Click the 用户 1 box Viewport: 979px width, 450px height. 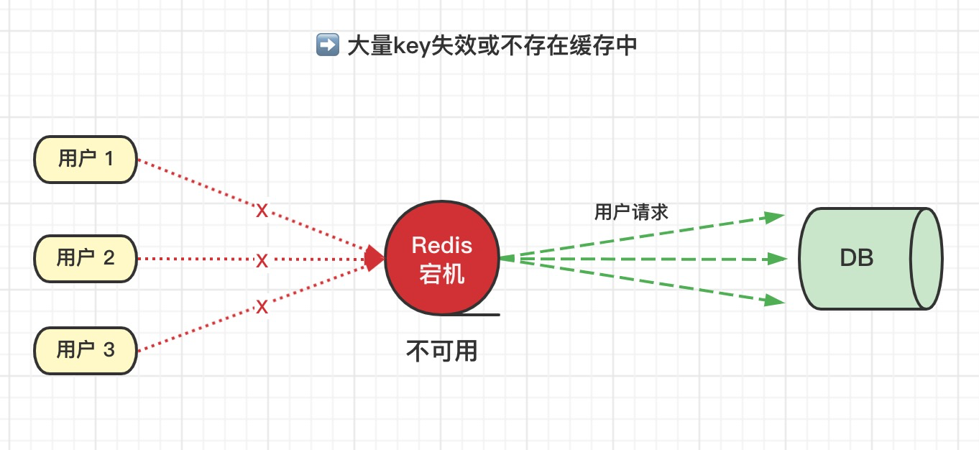pos(86,159)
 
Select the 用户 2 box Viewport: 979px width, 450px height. pos(86,258)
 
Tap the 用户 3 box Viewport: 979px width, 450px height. pos(86,350)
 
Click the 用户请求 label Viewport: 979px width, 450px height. pos(631,212)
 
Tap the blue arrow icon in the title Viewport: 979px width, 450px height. pos(327,46)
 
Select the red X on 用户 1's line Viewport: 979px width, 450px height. pos(262,211)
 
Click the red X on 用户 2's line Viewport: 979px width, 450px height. pos(262,260)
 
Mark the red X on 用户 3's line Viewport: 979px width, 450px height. pos(262,307)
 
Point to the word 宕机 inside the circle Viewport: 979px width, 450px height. pos(441,274)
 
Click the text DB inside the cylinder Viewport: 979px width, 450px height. pos(856,258)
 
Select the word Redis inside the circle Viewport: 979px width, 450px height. pos(441,245)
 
